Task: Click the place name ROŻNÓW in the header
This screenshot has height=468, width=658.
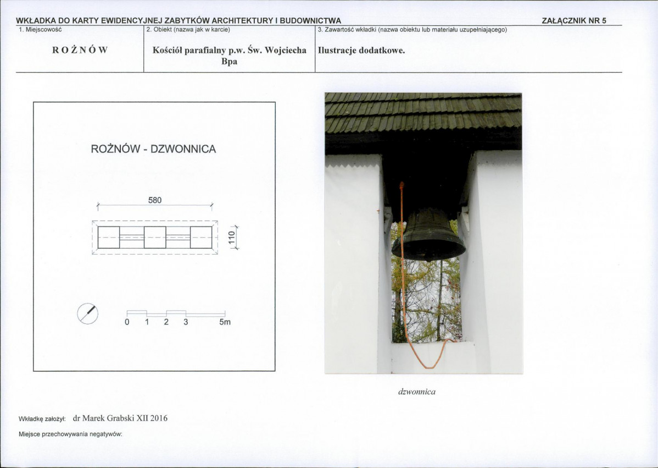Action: click(80, 50)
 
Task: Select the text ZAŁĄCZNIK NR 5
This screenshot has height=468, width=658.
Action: click(574, 20)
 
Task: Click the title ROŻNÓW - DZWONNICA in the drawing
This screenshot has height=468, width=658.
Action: click(154, 149)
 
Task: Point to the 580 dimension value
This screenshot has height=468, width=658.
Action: click(155, 200)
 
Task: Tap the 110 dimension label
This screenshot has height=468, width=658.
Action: click(231, 238)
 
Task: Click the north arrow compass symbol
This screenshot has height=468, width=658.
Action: click(88, 313)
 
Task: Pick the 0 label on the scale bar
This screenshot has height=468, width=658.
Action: click(127, 322)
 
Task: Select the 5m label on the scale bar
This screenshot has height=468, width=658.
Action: click(225, 322)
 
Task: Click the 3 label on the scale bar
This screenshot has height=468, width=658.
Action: click(186, 322)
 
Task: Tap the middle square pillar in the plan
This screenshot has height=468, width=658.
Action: click(155, 238)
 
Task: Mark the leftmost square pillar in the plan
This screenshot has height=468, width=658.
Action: click(109, 238)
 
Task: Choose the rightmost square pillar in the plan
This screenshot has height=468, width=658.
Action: click(201, 238)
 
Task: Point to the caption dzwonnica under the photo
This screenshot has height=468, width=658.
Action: click(417, 392)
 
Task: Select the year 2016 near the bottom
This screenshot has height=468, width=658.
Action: click(159, 418)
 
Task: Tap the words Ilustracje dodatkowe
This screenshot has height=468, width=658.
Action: click(361, 51)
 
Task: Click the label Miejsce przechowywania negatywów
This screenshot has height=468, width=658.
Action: click(70, 434)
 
